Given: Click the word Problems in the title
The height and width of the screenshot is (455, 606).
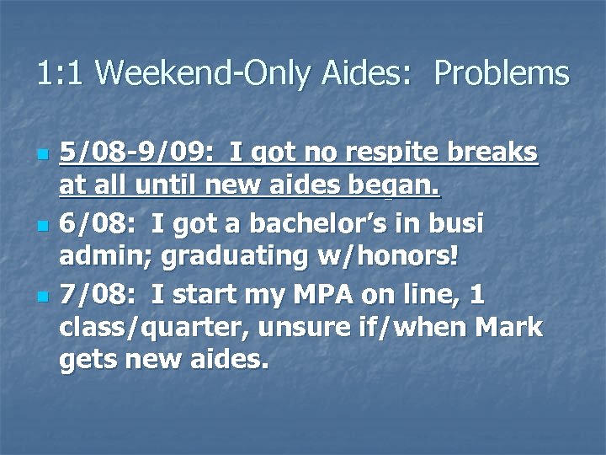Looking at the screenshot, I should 502,73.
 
